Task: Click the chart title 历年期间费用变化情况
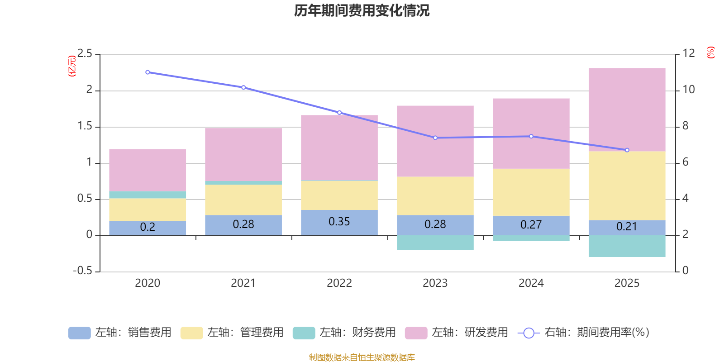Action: point(362,10)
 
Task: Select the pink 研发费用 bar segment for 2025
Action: point(627,110)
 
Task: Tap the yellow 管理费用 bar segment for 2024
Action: point(531,192)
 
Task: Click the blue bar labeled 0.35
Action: point(339,222)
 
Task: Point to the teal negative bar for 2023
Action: point(435,243)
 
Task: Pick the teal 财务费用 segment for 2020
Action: point(148,195)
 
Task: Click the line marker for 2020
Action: point(148,72)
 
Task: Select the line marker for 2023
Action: point(435,138)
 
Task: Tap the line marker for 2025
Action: point(627,150)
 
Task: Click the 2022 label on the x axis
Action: point(339,283)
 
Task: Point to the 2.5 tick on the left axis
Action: point(85,54)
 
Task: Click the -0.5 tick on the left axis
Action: point(83,271)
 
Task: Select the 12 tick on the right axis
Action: point(689,53)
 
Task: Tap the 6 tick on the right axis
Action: point(686,162)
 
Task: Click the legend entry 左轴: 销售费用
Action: point(120,333)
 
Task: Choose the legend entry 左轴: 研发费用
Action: point(457,333)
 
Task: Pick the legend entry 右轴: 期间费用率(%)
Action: point(584,333)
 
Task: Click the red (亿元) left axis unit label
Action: point(71,66)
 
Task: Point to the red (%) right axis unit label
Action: point(711,52)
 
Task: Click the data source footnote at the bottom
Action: point(362,357)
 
